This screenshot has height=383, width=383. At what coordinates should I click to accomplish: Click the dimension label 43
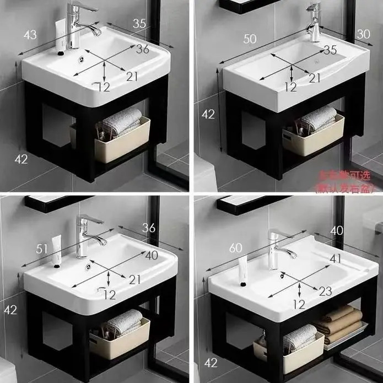click(x=30, y=35)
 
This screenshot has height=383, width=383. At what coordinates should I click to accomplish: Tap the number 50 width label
click(x=250, y=38)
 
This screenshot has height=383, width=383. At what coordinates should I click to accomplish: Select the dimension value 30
click(x=363, y=34)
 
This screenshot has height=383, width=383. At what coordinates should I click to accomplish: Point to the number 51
click(x=42, y=249)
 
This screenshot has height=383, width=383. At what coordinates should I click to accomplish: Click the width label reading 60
click(x=235, y=249)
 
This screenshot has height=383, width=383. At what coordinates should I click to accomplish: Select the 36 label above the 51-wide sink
click(x=149, y=227)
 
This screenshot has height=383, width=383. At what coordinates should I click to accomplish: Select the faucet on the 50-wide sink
click(x=314, y=22)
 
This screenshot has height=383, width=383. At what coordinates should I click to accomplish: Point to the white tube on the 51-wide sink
click(x=56, y=250)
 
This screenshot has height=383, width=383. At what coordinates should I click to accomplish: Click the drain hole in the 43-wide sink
click(x=84, y=55)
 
